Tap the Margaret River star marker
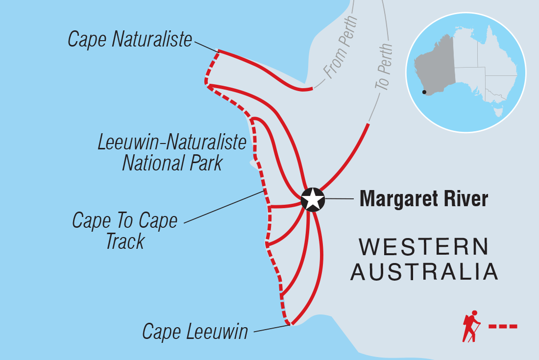tap(313, 199)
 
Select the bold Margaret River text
tap(424, 199)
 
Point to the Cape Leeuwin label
tap(195, 332)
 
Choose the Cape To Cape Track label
tap(124, 231)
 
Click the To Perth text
tap(385, 66)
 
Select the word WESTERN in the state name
tap(424, 247)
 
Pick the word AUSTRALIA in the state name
tap(424, 272)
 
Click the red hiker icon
tap(471, 326)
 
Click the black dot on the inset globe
tap(424, 92)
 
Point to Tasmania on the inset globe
tap(499, 111)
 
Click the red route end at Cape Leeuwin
tap(291, 323)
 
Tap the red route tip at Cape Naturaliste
tap(219, 51)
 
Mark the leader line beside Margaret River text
tap(338, 199)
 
